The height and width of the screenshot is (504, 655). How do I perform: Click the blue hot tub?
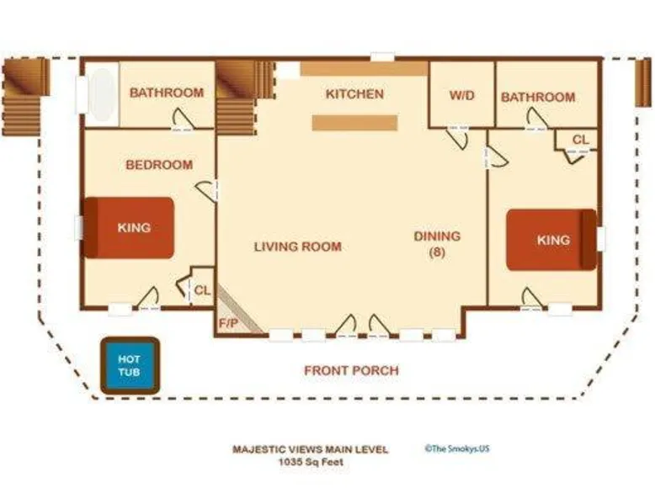point(130,366)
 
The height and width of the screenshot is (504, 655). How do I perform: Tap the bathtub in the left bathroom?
point(103,94)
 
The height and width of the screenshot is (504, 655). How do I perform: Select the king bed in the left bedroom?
point(129,228)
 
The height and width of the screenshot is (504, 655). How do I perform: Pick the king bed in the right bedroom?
point(551,240)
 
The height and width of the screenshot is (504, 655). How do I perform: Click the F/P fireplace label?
point(228,324)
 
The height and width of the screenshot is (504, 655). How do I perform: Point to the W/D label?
point(462,96)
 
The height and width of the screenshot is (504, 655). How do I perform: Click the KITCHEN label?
point(354,94)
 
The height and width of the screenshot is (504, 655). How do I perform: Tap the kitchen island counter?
point(354,123)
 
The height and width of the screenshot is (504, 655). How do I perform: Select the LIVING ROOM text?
point(298,247)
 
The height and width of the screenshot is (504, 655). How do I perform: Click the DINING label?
point(437,236)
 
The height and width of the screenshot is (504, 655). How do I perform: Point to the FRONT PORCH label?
point(351,370)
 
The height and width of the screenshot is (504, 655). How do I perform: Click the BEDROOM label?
point(159,165)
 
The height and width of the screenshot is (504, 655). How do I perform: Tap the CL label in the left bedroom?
point(203,290)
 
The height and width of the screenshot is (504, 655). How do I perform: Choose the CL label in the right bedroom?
point(580,140)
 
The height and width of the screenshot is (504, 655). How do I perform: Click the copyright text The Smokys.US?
point(457,448)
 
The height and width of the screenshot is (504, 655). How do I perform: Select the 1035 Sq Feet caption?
point(312,462)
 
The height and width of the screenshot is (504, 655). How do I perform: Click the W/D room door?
point(457,137)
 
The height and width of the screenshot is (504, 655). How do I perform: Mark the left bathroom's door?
point(183,119)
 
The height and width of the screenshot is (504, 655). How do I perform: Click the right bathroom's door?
point(536,119)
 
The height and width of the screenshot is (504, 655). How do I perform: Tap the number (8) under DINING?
point(437,252)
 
